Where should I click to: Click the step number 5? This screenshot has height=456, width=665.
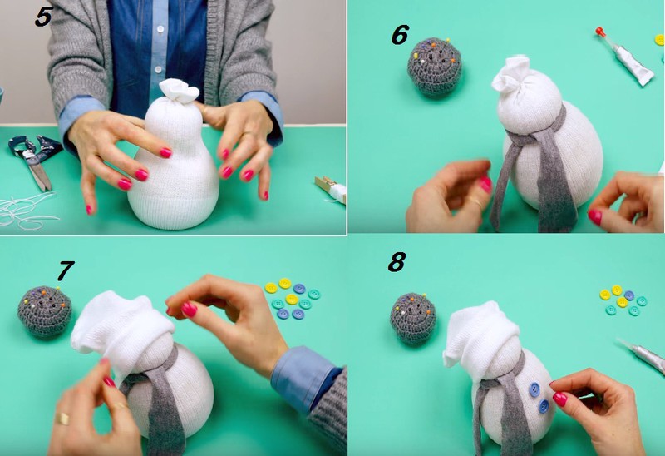tap(44, 17)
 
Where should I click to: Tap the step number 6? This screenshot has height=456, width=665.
tap(400, 35)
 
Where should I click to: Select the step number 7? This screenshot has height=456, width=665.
tap(66, 270)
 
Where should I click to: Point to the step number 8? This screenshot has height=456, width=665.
tap(397, 262)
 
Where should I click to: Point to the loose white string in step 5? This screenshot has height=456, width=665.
tap(26, 210)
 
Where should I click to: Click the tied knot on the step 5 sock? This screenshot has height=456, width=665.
tap(179, 91)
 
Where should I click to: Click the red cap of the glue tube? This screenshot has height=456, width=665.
tap(599, 32)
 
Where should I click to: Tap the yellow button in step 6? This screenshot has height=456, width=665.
tap(659, 40)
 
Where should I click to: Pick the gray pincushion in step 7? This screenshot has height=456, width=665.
tap(45, 311)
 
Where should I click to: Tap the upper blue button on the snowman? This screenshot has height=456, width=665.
tap(534, 389)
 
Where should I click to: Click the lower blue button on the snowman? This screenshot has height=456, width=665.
tap(544, 406)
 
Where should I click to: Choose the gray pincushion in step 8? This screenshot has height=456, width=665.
tap(412, 318)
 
